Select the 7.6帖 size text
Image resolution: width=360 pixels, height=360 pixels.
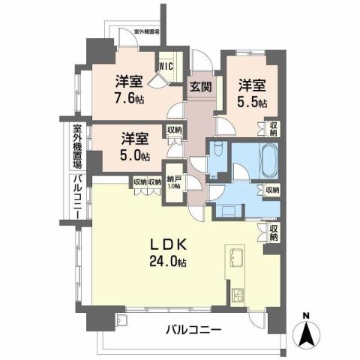pyautogui.click(x=130, y=98)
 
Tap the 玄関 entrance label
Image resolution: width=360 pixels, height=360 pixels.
pyautogui.click(x=199, y=85)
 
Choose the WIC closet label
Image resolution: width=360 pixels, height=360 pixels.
pyautogui.click(x=166, y=65)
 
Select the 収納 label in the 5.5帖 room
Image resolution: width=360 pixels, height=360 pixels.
pyautogui.click(x=274, y=129)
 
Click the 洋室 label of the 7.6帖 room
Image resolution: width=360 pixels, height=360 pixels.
pyautogui.click(x=129, y=81)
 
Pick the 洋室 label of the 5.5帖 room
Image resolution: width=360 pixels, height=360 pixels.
pyautogui.click(x=252, y=85)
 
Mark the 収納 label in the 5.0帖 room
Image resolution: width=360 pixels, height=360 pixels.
pyautogui.click(x=174, y=130)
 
